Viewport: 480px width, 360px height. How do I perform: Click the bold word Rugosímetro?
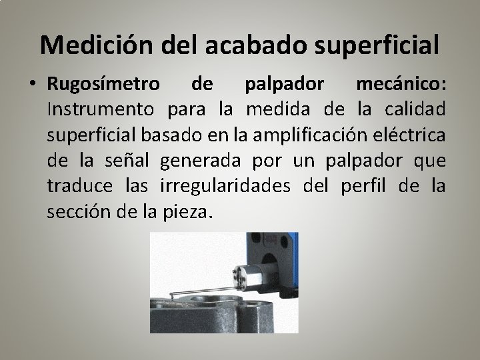(103, 85)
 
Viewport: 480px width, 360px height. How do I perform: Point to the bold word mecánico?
(401, 85)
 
